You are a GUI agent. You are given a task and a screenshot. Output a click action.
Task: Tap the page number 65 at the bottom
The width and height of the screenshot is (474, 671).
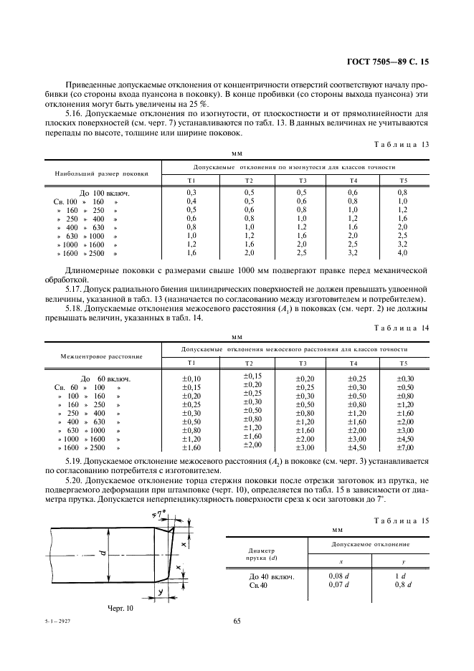[237, 621]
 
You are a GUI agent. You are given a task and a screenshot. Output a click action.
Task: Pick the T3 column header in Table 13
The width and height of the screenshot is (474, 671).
[303, 180]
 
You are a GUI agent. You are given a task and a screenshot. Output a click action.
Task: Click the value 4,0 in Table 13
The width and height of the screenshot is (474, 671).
[403, 254]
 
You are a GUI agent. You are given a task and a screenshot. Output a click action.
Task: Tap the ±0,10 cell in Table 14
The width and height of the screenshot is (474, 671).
[192, 379]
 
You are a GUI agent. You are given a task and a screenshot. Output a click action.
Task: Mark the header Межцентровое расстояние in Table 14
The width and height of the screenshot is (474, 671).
[101, 356]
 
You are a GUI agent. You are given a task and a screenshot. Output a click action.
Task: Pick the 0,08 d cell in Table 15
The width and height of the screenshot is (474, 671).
[339, 576]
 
